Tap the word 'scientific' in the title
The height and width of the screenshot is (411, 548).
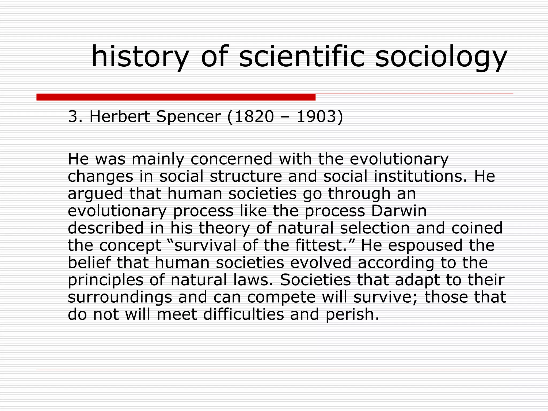302,56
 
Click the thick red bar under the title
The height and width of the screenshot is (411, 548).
176,97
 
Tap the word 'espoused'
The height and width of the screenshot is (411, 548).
425,245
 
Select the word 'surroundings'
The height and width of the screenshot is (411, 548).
120,297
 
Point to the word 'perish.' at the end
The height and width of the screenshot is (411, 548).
352,314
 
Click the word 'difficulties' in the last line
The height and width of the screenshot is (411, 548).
243,314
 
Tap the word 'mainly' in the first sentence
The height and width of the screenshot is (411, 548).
158,159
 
